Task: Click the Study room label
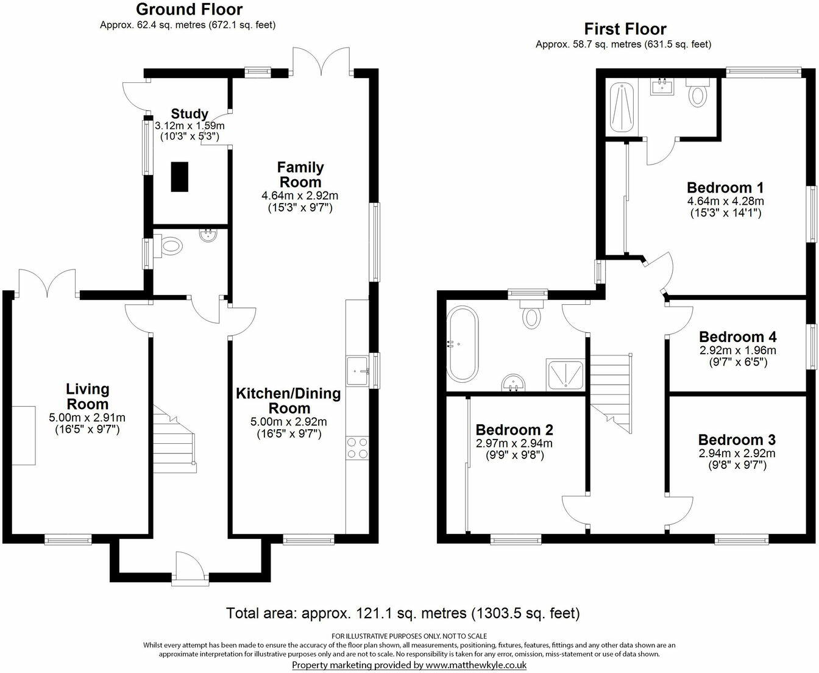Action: click(190, 114)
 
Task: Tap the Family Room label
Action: click(300, 174)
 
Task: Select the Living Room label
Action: click(87, 396)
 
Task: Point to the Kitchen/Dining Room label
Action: click(288, 401)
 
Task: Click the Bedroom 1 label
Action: click(725, 188)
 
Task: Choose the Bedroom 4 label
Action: click(737, 337)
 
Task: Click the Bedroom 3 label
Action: click(736, 440)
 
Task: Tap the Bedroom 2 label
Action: click(514, 430)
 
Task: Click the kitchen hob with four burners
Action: click(357, 448)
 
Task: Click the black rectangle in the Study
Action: click(179, 177)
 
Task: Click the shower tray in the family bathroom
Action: click(566, 374)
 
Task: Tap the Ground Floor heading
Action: click(189, 10)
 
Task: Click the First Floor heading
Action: click(625, 29)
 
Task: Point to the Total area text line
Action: click(403, 613)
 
